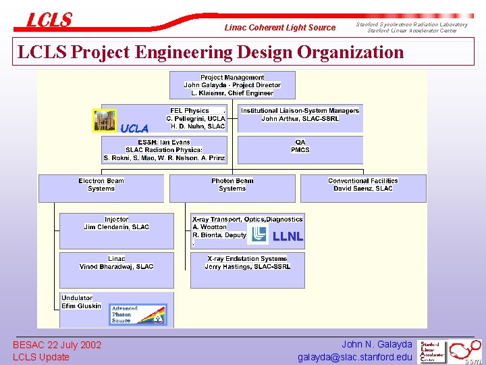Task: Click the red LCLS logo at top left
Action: (49, 20)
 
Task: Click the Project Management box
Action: (233, 85)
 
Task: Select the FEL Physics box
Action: (198, 118)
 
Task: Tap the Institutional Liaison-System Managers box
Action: (300, 116)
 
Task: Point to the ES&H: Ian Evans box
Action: (164, 150)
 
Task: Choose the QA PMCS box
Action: (300, 147)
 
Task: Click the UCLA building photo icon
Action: (105, 120)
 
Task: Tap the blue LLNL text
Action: (288, 237)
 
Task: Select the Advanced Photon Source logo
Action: (138, 314)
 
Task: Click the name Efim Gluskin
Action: (81, 306)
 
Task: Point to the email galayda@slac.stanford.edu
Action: (354, 357)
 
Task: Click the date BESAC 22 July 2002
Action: (57, 345)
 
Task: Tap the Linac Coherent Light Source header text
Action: (279, 28)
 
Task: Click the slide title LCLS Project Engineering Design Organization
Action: (210, 52)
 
